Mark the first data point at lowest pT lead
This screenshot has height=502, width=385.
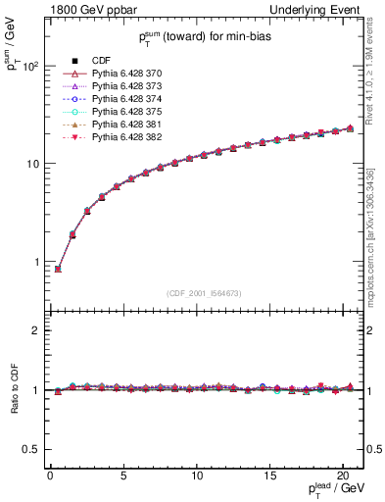point(58,269)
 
